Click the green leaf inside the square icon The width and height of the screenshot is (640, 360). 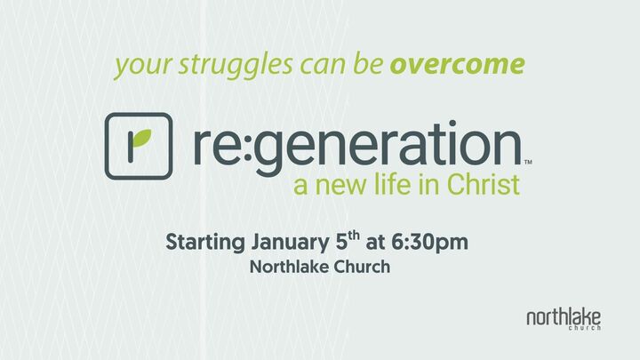coord(141,140)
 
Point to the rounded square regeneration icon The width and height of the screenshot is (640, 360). coord(138,147)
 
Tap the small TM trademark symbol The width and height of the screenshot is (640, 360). coord(528,162)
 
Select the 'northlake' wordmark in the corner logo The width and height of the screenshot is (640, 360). coord(563,316)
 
